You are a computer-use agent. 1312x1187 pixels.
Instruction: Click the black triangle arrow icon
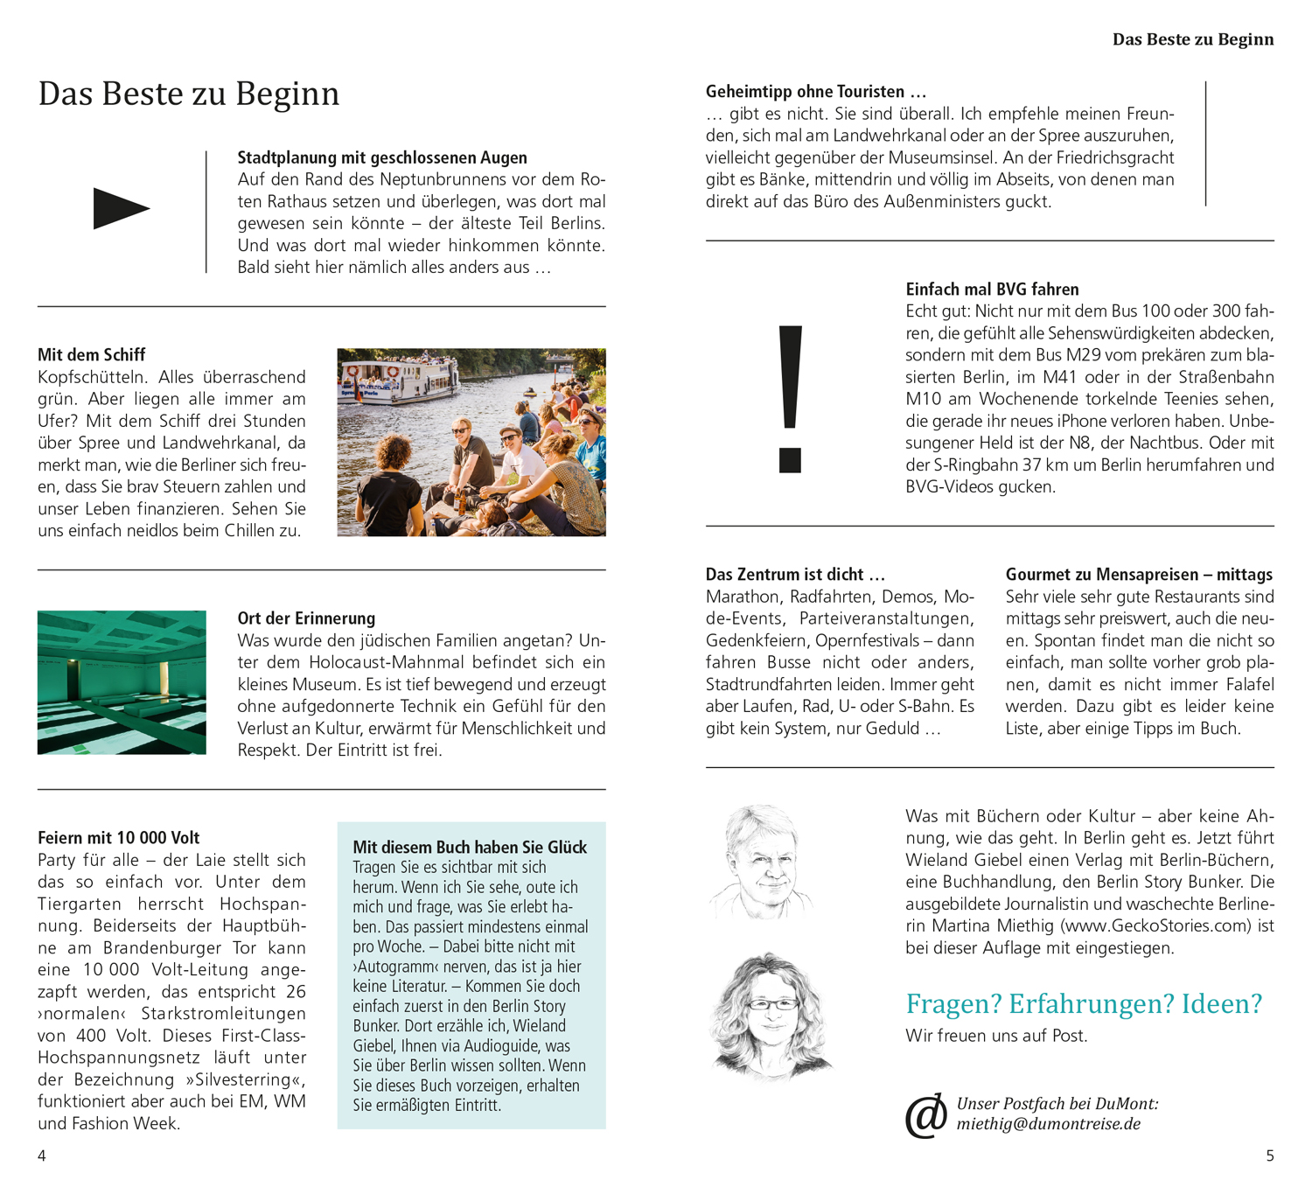121,208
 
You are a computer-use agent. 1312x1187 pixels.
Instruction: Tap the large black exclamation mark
790,398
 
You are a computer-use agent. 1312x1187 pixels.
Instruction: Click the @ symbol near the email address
925,1115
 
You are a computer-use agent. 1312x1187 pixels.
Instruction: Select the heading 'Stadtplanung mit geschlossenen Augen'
382,157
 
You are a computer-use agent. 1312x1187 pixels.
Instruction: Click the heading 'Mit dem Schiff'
91,354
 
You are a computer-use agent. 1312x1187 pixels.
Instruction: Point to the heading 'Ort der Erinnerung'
306,618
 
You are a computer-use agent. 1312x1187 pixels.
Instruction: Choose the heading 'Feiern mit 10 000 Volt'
118,837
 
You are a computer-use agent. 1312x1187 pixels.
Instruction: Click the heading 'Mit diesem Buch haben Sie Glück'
470,847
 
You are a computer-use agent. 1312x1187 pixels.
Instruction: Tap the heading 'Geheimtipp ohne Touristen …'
815,91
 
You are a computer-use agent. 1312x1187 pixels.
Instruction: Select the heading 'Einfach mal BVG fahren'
992,289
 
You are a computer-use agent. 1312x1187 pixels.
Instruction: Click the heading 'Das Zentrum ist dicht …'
795,574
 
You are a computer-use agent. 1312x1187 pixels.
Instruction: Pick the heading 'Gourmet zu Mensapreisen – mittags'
1139,574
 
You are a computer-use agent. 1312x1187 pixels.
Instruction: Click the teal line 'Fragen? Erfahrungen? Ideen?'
1084,1003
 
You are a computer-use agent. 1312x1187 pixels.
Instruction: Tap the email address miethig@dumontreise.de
1048,1124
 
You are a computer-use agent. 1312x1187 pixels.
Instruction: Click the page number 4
42,1156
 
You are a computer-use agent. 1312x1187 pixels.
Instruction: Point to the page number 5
1270,1156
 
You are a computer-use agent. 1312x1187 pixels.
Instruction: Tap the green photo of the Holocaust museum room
122,682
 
